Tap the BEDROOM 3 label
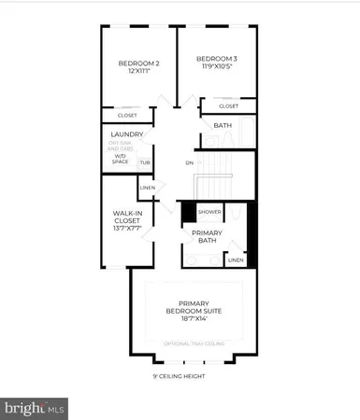tap(216, 58)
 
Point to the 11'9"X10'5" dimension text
tap(216, 67)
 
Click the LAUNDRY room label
tap(126, 134)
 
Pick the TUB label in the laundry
tap(145, 163)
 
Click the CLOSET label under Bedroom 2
tap(127, 115)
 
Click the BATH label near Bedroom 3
tap(223, 125)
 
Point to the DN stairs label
tap(190, 162)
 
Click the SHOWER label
tap(209, 212)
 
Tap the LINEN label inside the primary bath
tap(235, 259)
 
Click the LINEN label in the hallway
tap(147, 189)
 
